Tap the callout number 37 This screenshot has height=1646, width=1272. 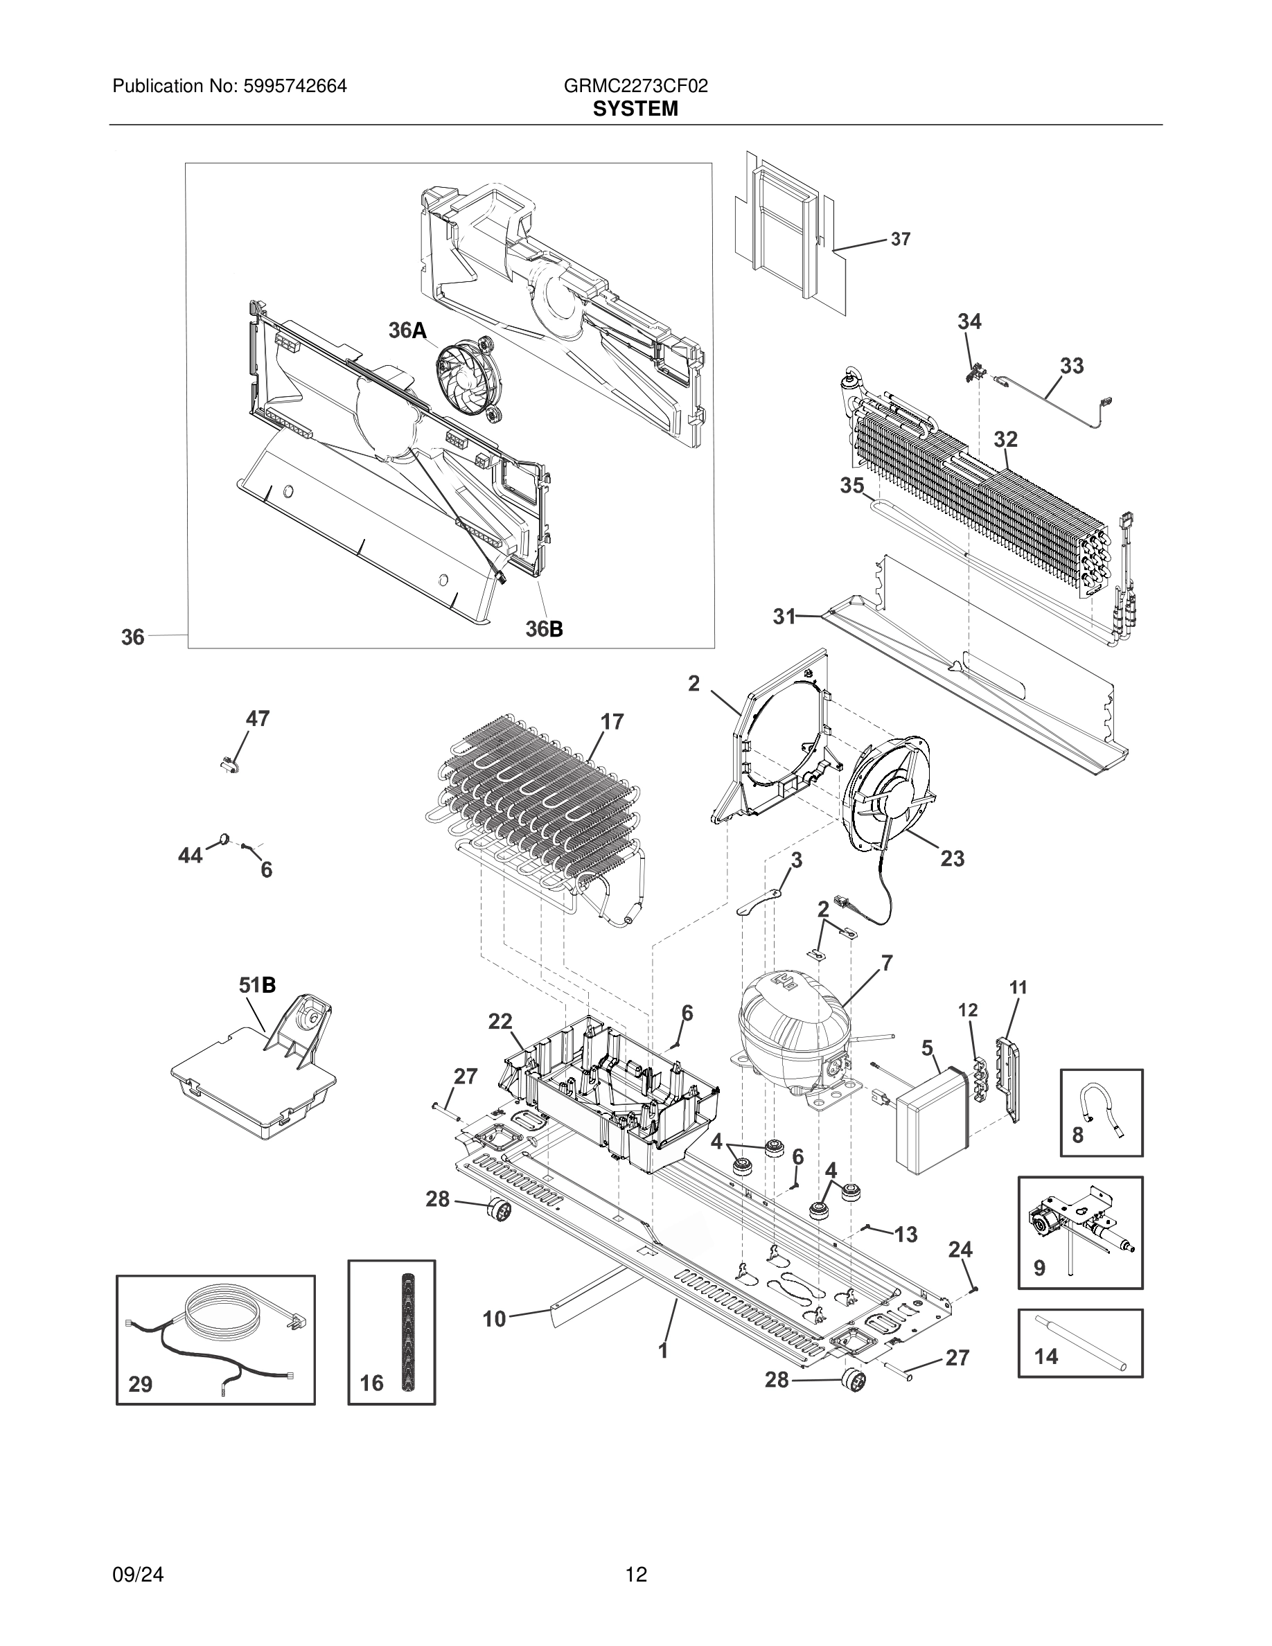(x=901, y=239)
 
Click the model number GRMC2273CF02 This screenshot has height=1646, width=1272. (x=635, y=86)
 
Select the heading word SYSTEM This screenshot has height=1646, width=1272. (x=635, y=109)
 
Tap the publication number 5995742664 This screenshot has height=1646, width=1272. (x=294, y=86)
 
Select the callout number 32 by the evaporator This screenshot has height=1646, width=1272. (x=1005, y=439)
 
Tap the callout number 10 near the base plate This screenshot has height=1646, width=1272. (x=495, y=1319)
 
